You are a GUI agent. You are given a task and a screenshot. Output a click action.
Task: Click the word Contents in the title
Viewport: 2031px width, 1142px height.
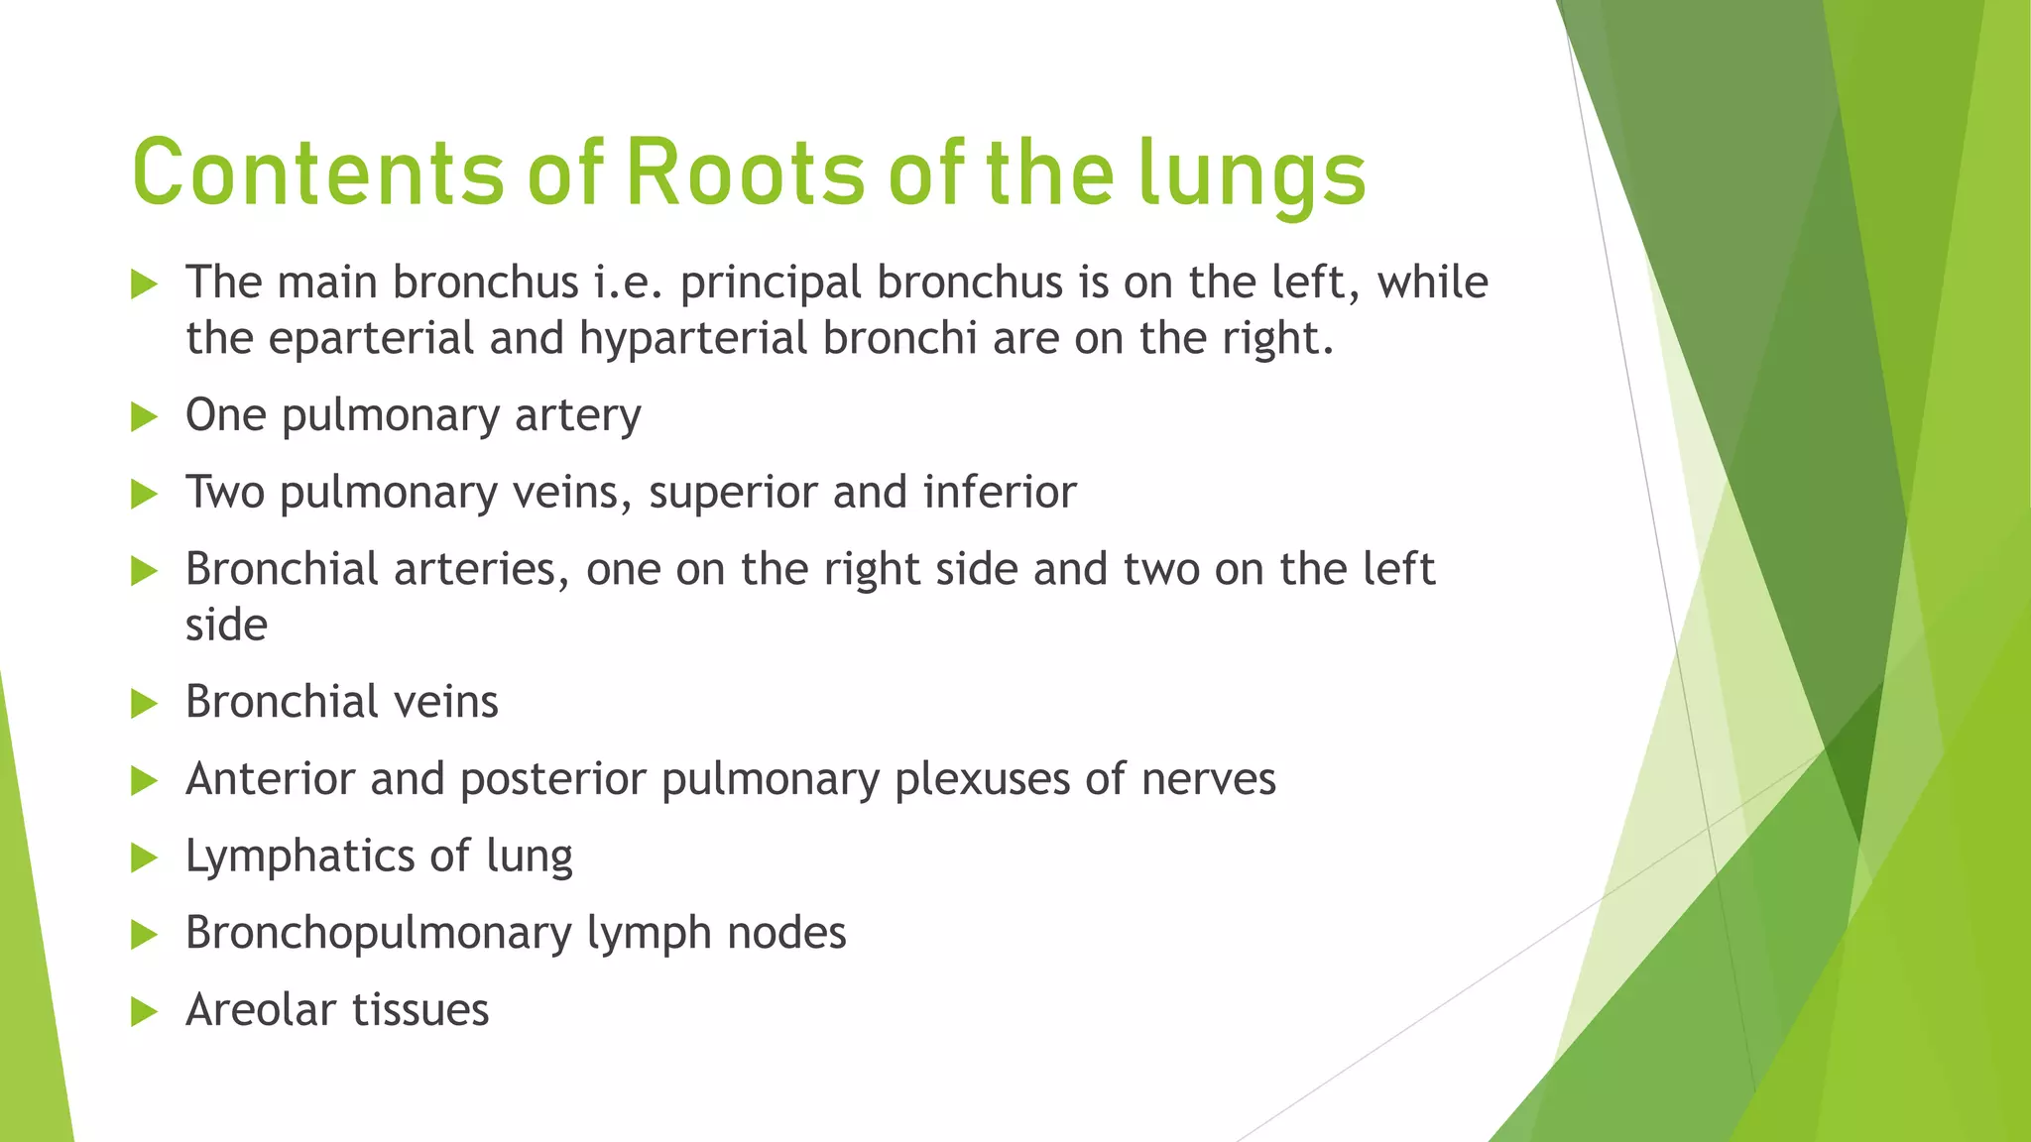click(317, 173)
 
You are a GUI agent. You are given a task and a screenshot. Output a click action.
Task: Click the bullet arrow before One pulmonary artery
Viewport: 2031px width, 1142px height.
click(145, 416)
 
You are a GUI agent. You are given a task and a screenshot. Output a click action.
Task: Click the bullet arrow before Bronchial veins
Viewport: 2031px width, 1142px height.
click(145, 704)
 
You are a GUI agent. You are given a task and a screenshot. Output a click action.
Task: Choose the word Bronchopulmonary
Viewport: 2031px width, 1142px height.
click(379, 934)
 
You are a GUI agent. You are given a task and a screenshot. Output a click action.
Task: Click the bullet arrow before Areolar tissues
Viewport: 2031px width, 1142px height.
click(145, 1012)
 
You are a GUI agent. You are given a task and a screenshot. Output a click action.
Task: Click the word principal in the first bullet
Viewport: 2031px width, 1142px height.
click(770, 284)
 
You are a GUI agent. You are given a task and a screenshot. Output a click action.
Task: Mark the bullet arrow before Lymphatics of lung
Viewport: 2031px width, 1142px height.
click(145, 857)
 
